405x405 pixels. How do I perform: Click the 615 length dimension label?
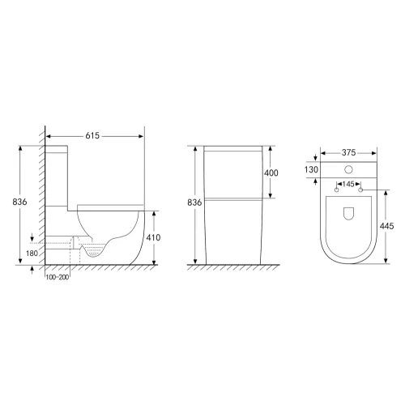click(x=92, y=135)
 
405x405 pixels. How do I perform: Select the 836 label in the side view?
click(x=19, y=202)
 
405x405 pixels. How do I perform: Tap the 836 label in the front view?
click(x=194, y=202)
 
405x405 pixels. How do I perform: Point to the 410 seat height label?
click(x=153, y=237)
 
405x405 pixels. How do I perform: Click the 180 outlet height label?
click(x=32, y=254)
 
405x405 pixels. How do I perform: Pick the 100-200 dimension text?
click(x=58, y=277)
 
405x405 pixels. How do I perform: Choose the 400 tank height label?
click(x=271, y=173)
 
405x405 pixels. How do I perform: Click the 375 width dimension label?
click(x=348, y=152)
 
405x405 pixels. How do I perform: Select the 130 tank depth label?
click(x=311, y=169)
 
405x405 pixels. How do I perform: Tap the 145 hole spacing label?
click(x=348, y=184)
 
